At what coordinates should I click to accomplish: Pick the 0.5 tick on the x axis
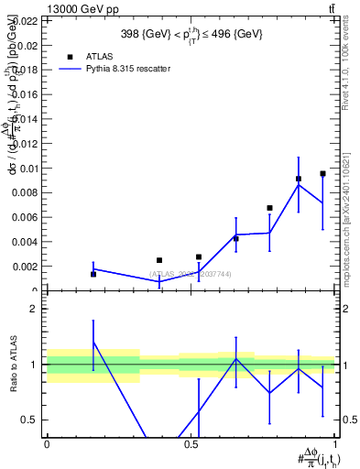click(191, 444)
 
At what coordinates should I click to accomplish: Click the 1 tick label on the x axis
click(335, 444)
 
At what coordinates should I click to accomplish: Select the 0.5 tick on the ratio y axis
click(31, 420)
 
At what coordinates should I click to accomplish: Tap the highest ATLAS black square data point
click(322, 173)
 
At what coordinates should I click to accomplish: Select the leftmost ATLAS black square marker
click(93, 274)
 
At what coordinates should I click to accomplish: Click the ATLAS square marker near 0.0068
click(269, 208)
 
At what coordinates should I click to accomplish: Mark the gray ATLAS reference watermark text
click(191, 274)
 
